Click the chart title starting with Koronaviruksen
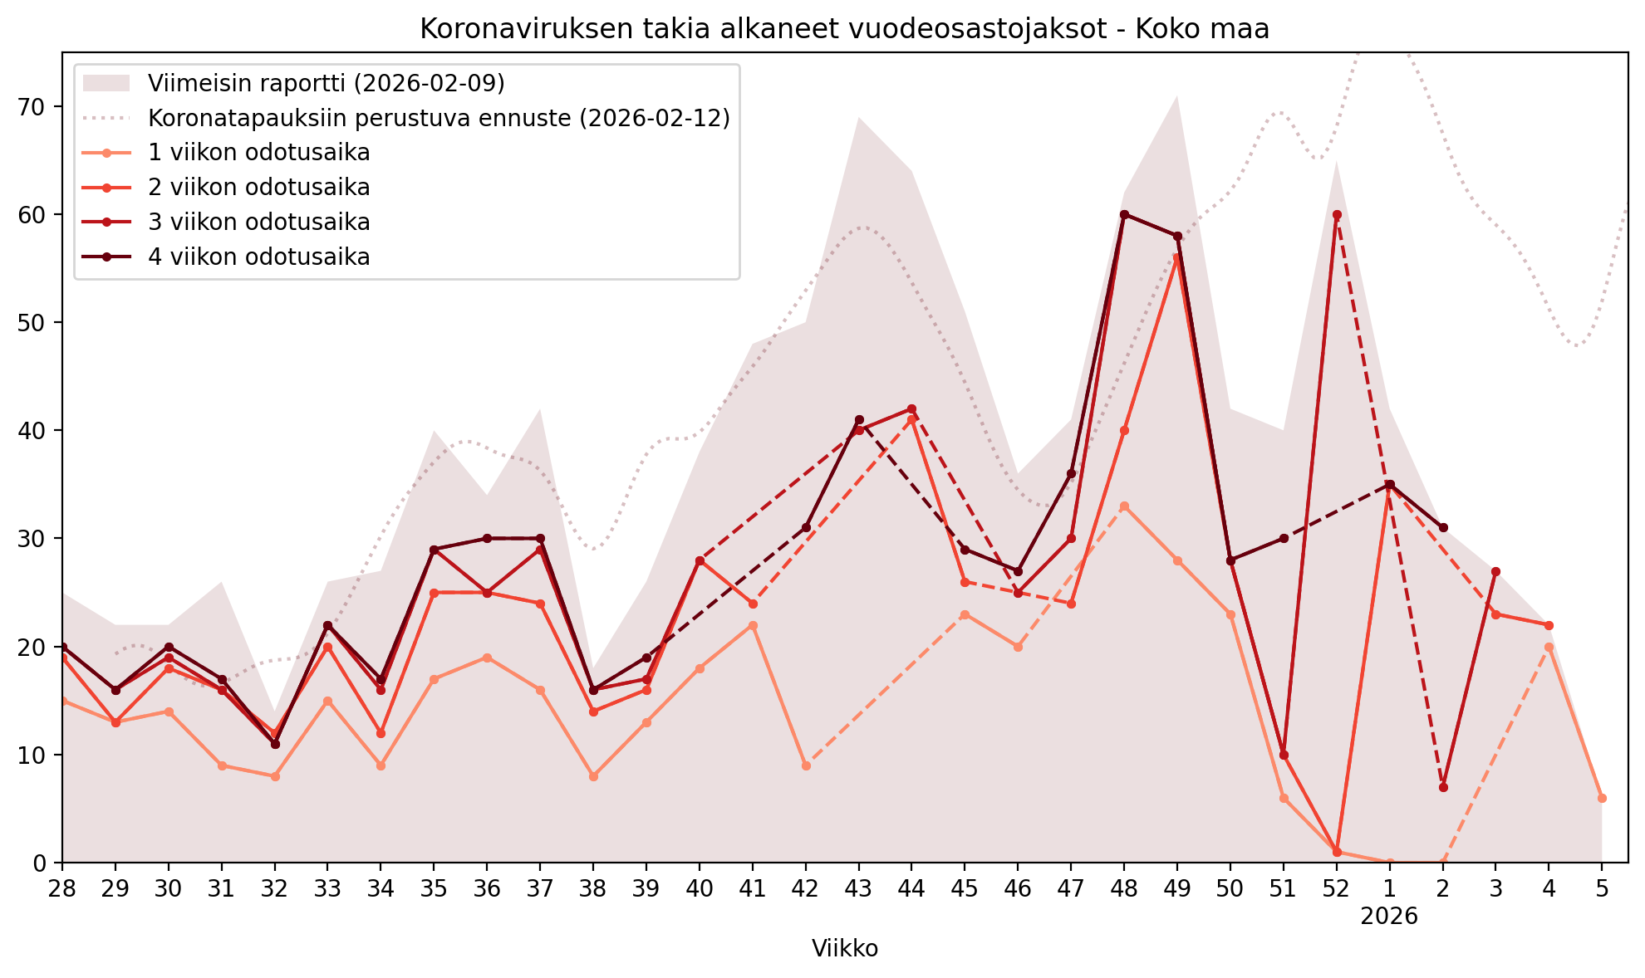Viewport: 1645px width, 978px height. (x=844, y=29)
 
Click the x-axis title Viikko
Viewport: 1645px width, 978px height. (x=844, y=949)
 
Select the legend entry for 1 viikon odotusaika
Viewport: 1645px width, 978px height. (x=258, y=153)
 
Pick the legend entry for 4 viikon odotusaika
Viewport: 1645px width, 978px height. (x=258, y=257)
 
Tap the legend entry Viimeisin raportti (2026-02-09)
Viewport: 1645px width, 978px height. (x=326, y=83)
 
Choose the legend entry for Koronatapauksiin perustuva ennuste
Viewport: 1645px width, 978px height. (x=439, y=118)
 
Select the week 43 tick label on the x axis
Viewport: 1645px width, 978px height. (x=858, y=888)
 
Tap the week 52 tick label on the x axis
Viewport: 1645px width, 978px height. (x=1336, y=888)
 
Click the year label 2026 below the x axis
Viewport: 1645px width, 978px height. (x=1388, y=917)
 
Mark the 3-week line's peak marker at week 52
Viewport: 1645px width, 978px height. (x=1337, y=215)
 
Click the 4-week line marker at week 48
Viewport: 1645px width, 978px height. (x=1124, y=214)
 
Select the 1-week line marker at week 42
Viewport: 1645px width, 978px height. (x=806, y=765)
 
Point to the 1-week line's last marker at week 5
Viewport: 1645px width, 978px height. (x=1602, y=798)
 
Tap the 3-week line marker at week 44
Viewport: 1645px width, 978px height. (x=911, y=409)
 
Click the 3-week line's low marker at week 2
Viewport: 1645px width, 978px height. (x=1443, y=787)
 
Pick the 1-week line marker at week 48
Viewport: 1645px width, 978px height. (x=1124, y=506)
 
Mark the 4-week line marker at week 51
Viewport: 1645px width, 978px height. (x=1284, y=538)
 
